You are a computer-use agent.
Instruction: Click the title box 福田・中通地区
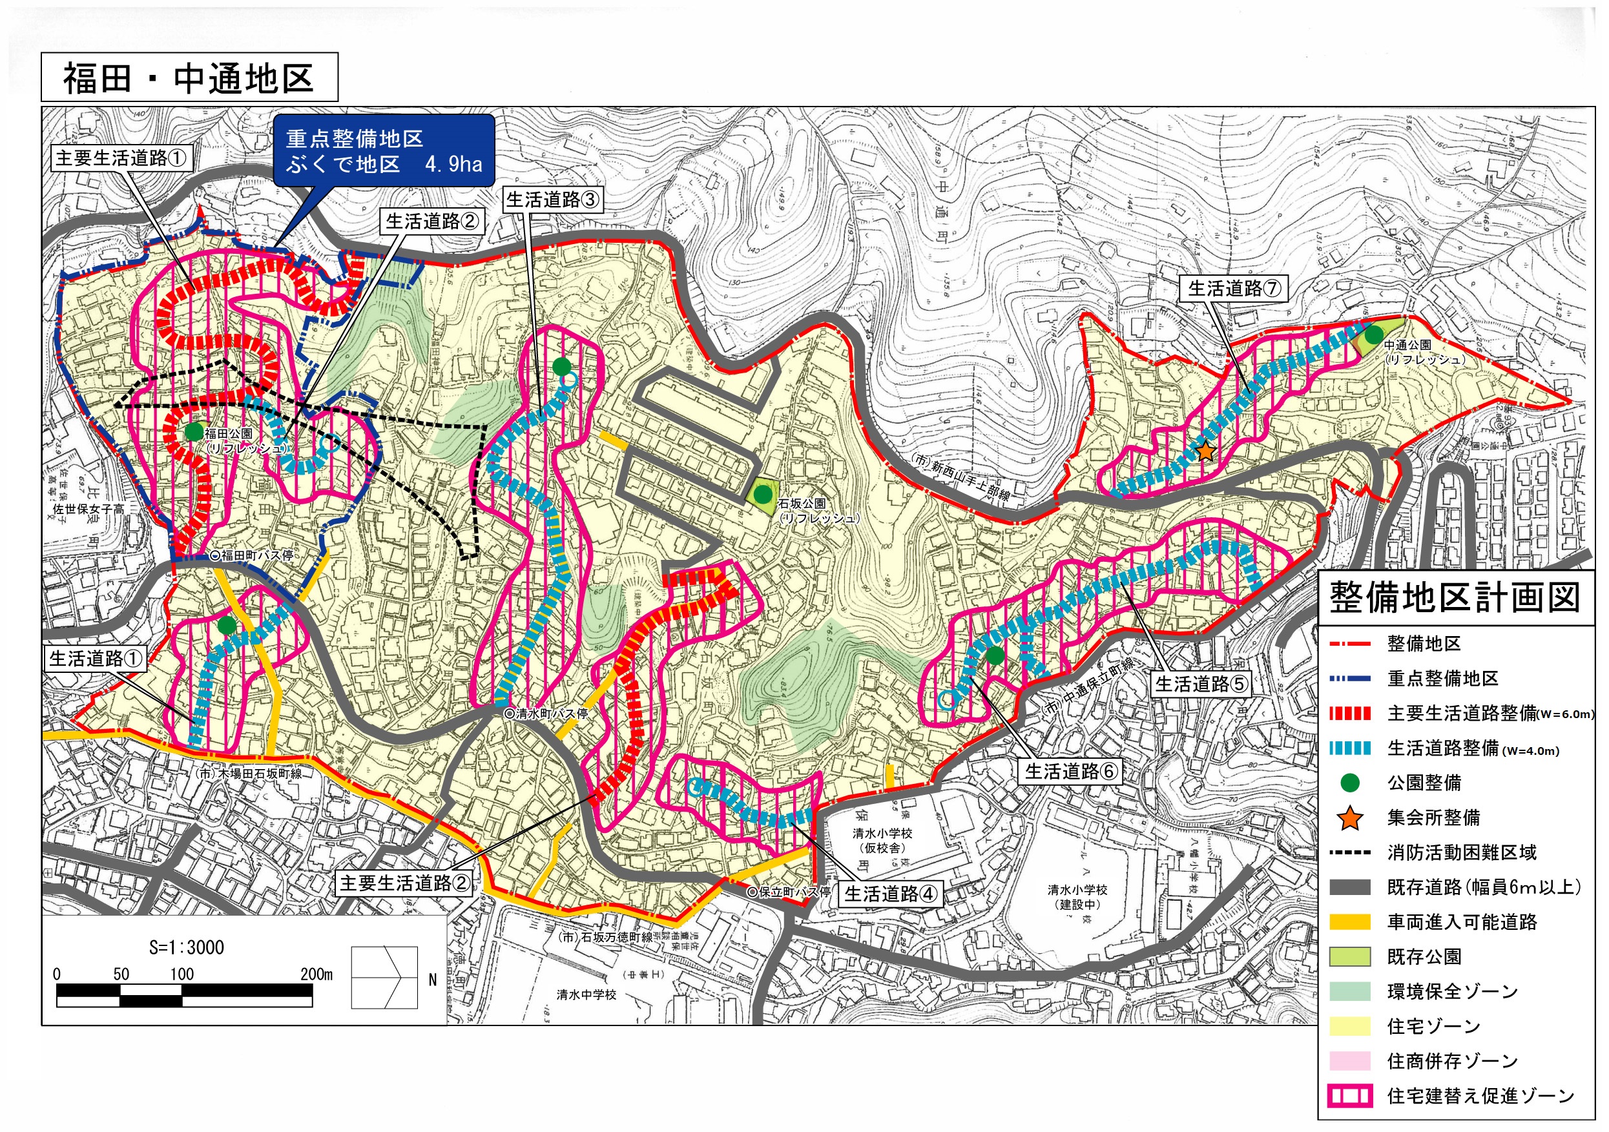189,77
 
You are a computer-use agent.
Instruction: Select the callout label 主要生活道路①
122,158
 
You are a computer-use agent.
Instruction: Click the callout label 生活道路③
553,200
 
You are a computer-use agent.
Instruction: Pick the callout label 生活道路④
890,893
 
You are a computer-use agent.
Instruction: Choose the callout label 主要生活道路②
404,883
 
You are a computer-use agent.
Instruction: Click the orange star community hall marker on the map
1205,451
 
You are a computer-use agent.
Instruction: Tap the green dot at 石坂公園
763,495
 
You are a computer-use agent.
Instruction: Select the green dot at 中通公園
1375,335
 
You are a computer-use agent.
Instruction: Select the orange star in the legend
1350,818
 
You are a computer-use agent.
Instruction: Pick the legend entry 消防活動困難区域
1461,852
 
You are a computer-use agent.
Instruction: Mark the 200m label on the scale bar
316,974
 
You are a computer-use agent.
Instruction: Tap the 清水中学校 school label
587,994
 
